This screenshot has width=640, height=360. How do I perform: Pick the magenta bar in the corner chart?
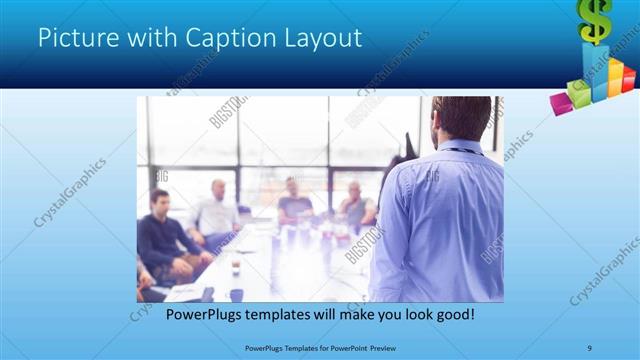(561, 101)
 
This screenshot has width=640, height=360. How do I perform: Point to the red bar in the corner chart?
(629, 77)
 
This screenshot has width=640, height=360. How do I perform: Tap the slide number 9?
(590, 347)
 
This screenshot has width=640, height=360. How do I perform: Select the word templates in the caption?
(280, 315)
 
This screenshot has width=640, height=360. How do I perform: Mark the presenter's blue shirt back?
(440, 220)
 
